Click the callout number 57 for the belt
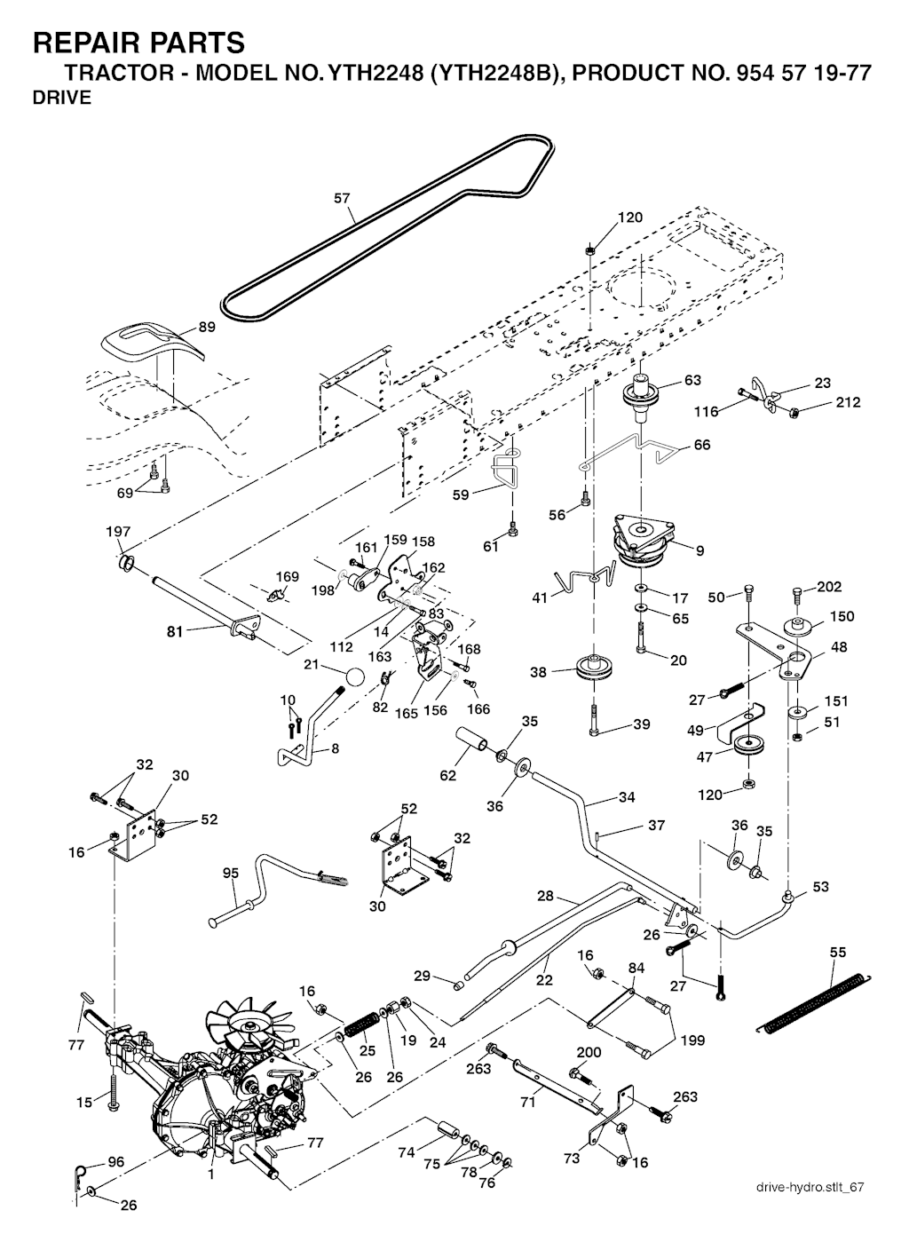tap(342, 199)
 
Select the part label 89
tap(206, 327)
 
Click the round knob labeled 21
tap(355, 677)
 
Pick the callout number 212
tap(848, 403)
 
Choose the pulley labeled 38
tap(589, 667)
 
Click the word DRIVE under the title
tap(61, 99)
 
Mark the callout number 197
tap(118, 532)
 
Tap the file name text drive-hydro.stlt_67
tap(809, 1187)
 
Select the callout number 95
tap(231, 873)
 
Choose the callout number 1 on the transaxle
tap(210, 1175)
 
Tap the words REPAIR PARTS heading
tap(138, 42)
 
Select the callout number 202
tap(829, 587)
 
